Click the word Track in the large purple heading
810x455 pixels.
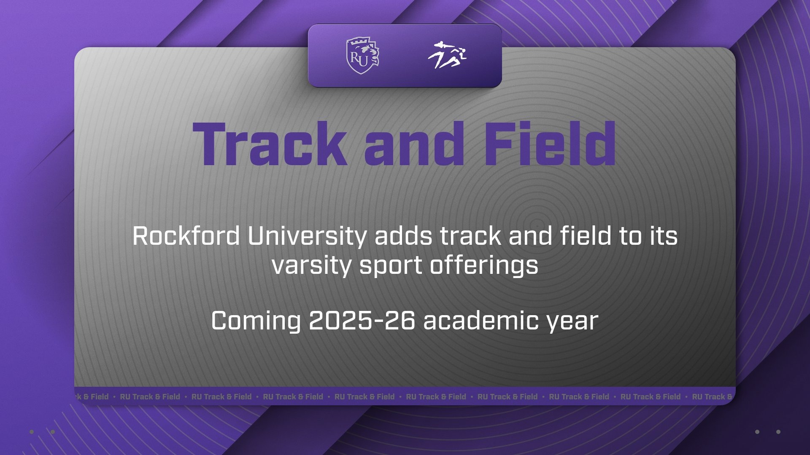(270, 144)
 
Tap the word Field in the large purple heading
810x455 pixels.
(550, 144)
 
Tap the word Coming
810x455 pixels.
(256, 321)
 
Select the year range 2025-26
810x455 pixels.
(362, 321)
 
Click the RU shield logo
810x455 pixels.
(363, 56)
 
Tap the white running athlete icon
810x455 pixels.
(447, 56)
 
